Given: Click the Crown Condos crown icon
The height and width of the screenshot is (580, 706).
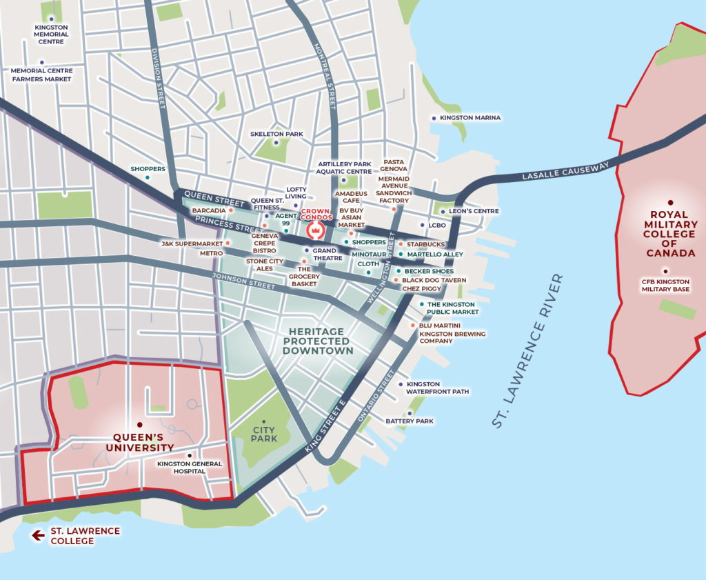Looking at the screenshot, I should (315, 229).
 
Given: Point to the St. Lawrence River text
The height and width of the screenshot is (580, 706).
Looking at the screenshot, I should (528, 351).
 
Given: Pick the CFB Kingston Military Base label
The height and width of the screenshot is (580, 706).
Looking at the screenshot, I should (665, 284).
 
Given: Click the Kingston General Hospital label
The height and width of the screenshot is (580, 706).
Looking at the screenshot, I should (190, 468).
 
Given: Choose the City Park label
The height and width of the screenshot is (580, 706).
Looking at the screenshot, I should (264, 434).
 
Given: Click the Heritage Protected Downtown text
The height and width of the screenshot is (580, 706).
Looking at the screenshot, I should (317, 341).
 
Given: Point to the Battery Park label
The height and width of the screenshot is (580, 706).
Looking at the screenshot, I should (410, 421).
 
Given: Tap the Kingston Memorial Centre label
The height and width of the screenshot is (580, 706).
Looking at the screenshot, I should (52, 34).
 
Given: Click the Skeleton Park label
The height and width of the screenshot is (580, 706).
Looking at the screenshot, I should (276, 134).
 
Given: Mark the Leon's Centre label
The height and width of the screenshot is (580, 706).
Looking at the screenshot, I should (474, 211).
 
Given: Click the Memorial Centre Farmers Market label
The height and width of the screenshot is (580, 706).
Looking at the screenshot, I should (41, 74).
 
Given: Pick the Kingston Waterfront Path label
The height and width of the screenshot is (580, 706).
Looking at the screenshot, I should (437, 388).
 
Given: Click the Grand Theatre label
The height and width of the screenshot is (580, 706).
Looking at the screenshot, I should (327, 254).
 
